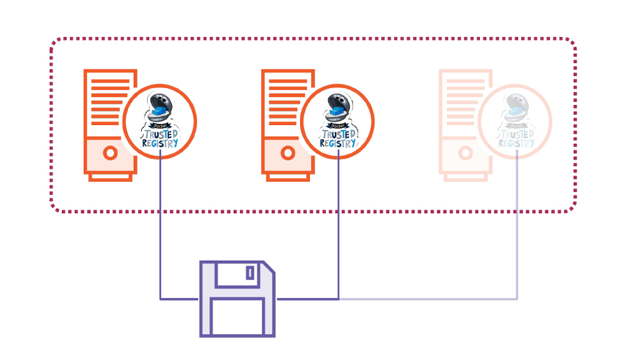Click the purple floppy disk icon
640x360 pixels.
point(237,299)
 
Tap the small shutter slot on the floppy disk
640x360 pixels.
point(250,273)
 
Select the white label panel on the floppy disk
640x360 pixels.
point(237,316)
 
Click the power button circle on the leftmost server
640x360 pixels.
point(111,152)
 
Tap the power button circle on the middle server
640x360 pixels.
point(287,152)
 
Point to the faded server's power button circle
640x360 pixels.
point(465,152)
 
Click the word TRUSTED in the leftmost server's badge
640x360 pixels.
point(161,134)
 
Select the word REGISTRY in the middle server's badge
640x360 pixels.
point(337,143)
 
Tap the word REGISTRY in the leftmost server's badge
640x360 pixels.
point(160,143)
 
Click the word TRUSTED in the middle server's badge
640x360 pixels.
point(338,134)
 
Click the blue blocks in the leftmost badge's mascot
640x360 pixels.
point(161,113)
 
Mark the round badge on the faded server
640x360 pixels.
point(515,121)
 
